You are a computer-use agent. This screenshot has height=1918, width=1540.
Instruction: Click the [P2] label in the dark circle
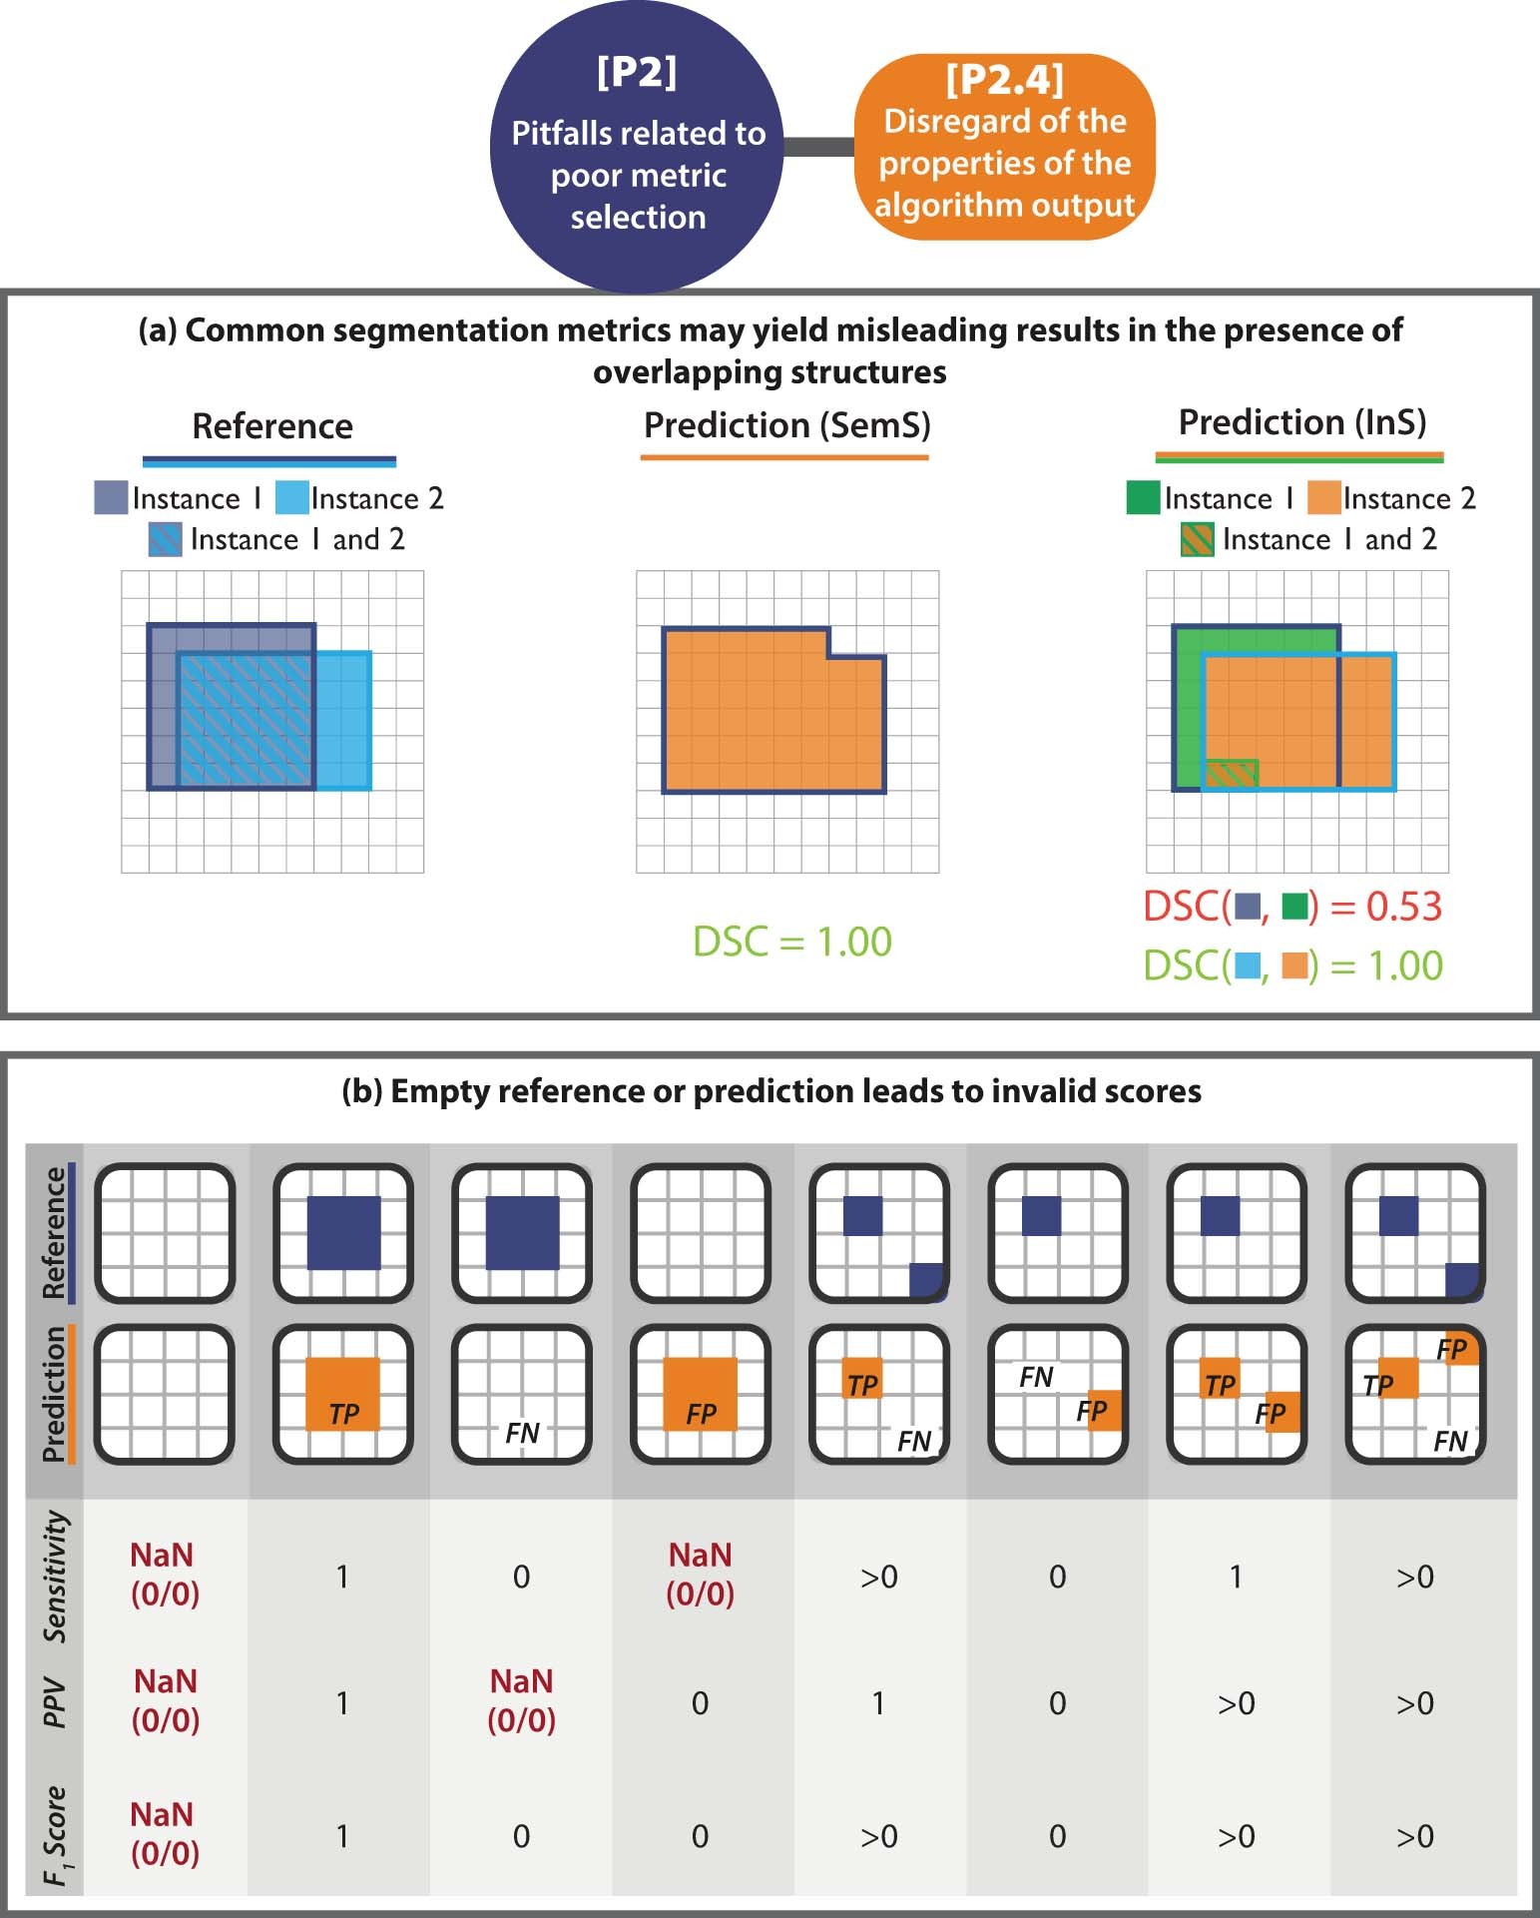click(x=636, y=74)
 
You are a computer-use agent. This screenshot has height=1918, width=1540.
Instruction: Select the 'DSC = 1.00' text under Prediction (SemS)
click(x=791, y=942)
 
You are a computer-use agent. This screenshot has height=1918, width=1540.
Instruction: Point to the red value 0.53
click(x=1404, y=906)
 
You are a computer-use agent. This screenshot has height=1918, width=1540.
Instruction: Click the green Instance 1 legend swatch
click(x=1142, y=497)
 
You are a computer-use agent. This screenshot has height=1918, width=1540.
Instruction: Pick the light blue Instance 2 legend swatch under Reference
click(x=291, y=497)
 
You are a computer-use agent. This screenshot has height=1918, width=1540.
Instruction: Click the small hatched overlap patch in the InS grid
click(x=1232, y=772)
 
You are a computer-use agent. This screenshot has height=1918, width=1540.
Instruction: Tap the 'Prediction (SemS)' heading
click(x=786, y=425)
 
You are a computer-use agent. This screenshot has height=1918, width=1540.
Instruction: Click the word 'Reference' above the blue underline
click(x=271, y=426)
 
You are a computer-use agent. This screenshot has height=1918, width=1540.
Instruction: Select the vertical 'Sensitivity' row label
click(x=57, y=1575)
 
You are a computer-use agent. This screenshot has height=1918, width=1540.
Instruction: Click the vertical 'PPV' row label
click(x=56, y=1702)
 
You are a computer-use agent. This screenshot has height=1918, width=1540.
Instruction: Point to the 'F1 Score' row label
click(x=57, y=1835)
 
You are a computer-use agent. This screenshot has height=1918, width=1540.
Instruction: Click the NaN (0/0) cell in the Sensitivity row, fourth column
click(x=700, y=1574)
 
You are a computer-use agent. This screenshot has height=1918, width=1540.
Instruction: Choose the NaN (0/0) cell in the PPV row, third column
click(x=521, y=1700)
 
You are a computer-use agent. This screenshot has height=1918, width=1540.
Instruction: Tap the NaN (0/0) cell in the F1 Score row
click(x=165, y=1833)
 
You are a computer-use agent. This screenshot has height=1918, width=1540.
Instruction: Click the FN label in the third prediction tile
click(x=522, y=1433)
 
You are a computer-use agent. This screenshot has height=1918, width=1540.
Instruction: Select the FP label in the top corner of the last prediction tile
click(x=1451, y=1350)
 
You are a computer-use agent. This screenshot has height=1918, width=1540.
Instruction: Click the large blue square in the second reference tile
click(x=343, y=1232)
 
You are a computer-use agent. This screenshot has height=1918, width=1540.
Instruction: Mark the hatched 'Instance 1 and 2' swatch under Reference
click(x=165, y=539)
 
